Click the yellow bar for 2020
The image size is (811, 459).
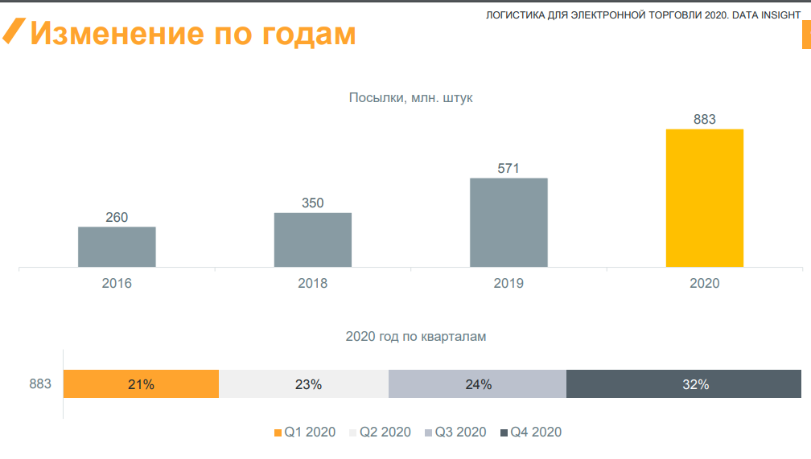point(705,198)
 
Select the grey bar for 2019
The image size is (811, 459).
point(508,222)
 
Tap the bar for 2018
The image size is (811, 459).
point(313,240)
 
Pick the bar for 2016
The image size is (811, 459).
point(117,246)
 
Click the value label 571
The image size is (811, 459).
point(508,169)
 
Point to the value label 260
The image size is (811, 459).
point(117,217)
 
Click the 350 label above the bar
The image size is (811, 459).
point(313,203)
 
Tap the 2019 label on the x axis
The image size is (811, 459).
point(508,284)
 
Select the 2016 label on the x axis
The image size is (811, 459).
point(117,284)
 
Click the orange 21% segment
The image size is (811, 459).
point(141,384)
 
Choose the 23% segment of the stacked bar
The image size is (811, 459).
point(303,384)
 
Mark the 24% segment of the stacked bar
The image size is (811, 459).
point(477,384)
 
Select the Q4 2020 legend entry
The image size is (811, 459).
point(530,432)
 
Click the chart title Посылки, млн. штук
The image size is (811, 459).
point(410,98)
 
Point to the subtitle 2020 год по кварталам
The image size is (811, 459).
point(416,337)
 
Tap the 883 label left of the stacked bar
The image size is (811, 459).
point(40,384)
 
